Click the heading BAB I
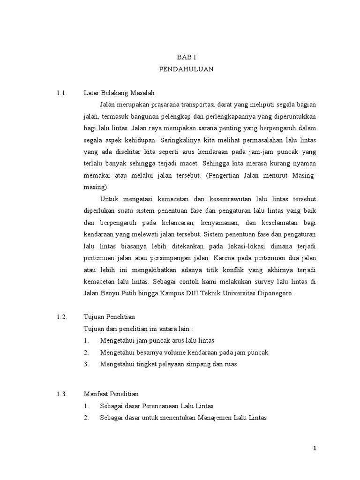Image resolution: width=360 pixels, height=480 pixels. [182, 57]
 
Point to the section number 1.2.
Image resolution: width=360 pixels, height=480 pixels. [62, 317]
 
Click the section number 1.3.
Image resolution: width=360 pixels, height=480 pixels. [62, 394]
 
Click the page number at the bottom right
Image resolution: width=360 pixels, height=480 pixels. [315, 449]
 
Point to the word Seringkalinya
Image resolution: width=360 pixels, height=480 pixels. [180, 140]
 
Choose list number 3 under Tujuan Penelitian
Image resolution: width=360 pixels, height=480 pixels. [87, 364]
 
